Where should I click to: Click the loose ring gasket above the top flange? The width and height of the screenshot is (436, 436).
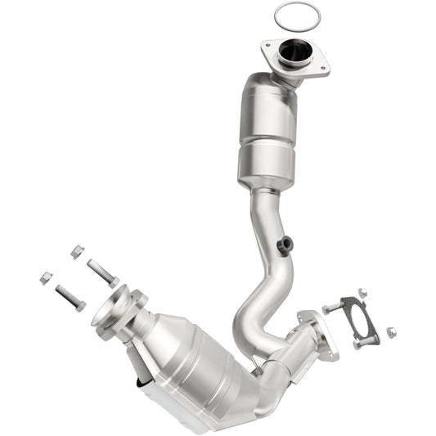(x=296, y=14)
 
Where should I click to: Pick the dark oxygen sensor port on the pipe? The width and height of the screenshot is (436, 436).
(x=284, y=245)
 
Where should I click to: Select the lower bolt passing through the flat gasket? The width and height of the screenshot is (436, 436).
(x=366, y=341)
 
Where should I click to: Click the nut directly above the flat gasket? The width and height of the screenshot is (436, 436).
(x=362, y=293)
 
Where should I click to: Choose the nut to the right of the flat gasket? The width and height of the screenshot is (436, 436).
(x=391, y=332)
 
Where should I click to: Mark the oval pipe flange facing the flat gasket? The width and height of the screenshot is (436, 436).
(x=320, y=335)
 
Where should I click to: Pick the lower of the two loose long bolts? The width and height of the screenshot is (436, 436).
(x=70, y=297)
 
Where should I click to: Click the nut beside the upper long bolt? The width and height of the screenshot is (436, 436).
(x=76, y=252)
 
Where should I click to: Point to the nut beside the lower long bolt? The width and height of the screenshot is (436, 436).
(x=46, y=277)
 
